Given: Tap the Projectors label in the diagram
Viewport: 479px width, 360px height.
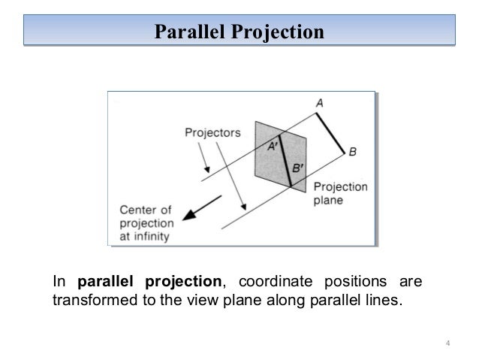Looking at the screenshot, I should click(212, 132).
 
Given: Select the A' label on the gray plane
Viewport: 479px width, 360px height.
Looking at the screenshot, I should click(273, 147).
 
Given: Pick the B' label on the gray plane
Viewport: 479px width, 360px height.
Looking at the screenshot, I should click(297, 169).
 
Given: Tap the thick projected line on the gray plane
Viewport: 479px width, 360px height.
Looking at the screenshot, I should click(284, 160).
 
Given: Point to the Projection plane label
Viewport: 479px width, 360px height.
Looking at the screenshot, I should click(339, 193).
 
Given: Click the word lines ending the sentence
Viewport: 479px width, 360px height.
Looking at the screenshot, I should click(386, 301).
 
